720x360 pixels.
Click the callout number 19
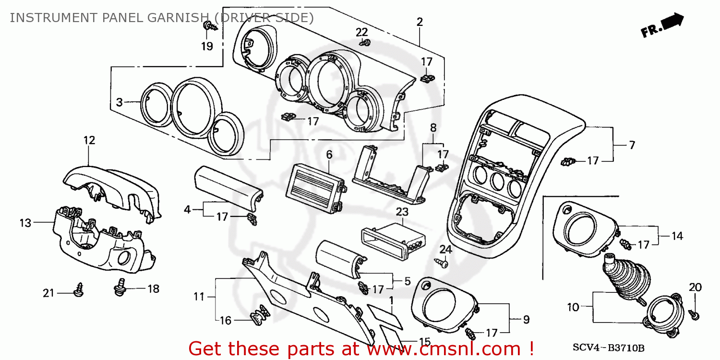(207, 47)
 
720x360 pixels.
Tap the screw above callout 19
(209, 26)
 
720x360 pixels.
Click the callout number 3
(120, 102)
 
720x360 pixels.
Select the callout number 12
(89, 140)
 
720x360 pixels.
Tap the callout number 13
(25, 223)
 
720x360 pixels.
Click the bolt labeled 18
(120, 288)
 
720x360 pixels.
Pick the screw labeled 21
(78, 289)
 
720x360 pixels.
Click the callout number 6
(329, 155)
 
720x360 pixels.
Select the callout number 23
(402, 212)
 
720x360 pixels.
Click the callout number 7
(632, 145)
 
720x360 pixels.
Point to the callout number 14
(677, 236)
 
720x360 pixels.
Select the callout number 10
(574, 306)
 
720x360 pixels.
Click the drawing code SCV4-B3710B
(608, 348)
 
